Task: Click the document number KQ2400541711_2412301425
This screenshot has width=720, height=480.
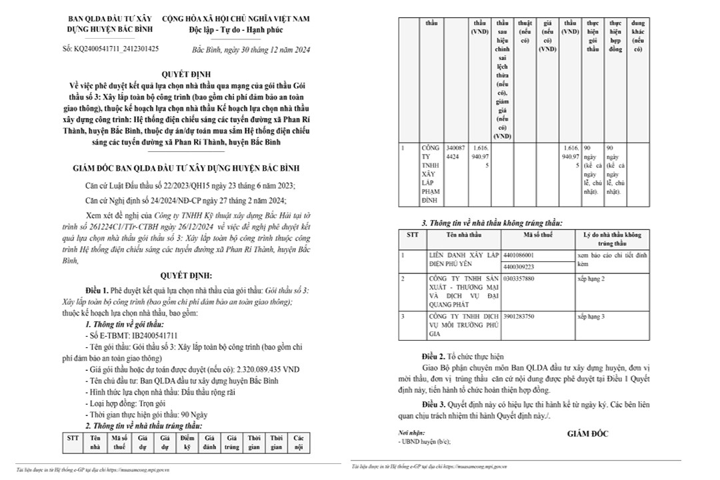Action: coord(111,49)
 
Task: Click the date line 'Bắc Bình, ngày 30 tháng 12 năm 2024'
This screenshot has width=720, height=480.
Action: coord(250,50)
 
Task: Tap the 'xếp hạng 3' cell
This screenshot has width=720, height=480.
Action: coord(591,317)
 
